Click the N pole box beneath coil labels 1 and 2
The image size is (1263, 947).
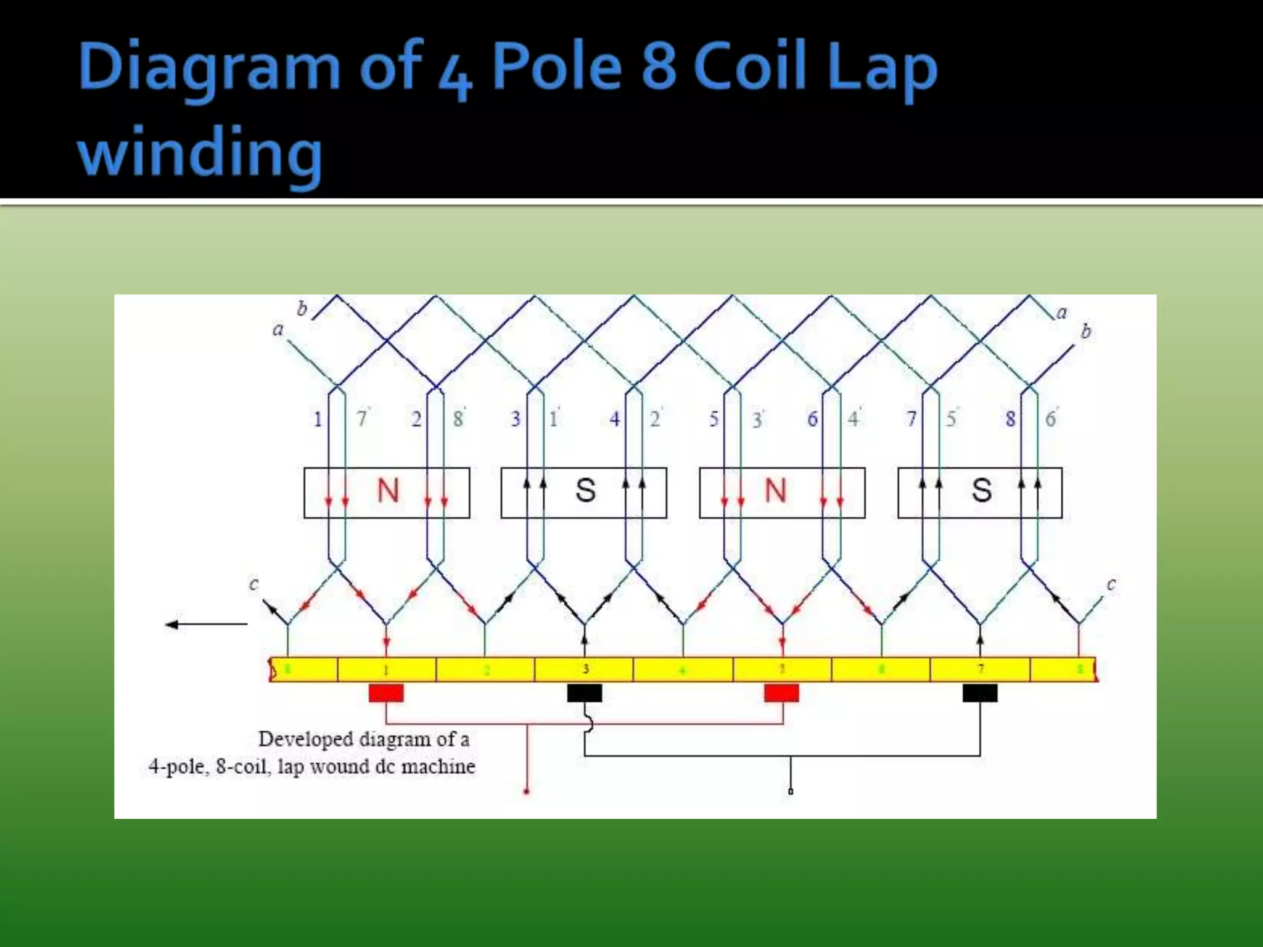387,492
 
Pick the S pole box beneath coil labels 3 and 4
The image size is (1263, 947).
584,492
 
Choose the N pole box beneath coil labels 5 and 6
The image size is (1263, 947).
782,492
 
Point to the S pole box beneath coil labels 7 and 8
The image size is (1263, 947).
980,492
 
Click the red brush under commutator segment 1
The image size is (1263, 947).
386,693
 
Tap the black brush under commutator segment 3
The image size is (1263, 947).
584,693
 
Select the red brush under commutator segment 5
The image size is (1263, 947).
781,693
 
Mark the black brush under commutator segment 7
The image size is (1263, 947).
980,693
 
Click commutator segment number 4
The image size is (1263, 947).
683,670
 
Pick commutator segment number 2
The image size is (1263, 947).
485,670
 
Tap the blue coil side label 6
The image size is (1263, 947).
813,419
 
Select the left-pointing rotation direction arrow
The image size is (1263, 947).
206,625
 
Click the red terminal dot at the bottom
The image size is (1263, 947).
526,791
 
